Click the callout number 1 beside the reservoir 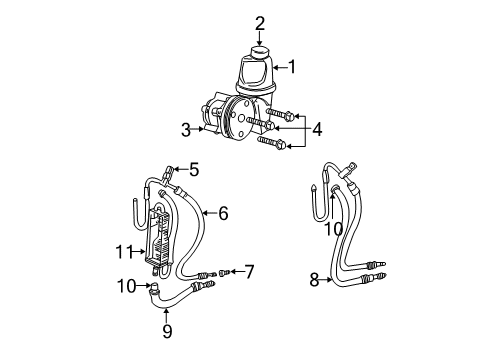pyautogui.click(x=293, y=67)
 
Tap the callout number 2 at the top pyautogui.click(x=260, y=22)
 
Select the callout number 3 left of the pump pyautogui.click(x=186, y=128)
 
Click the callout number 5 pyautogui.click(x=194, y=169)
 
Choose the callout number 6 pyautogui.click(x=223, y=212)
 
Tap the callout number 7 pyautogui.click(x=250, y=270)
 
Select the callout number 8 pyautogui.click(x=316, y=280)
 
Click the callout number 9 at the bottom pyautogui.click(x=166, y=331)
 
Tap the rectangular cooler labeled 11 pyautogui.click(x=157, y=242)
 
